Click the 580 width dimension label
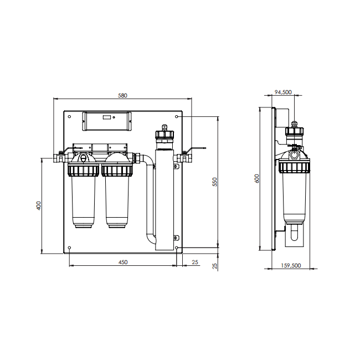point(122,95)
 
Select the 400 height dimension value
point(39,205)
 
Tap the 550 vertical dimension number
point(215,182)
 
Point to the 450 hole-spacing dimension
point(123,262)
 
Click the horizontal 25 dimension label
point(195,262)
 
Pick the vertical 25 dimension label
point(215,266)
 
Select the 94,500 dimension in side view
point(283,92)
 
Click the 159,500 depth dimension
point(291,265)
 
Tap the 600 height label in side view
point(257,179)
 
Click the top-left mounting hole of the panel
point(70,117)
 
